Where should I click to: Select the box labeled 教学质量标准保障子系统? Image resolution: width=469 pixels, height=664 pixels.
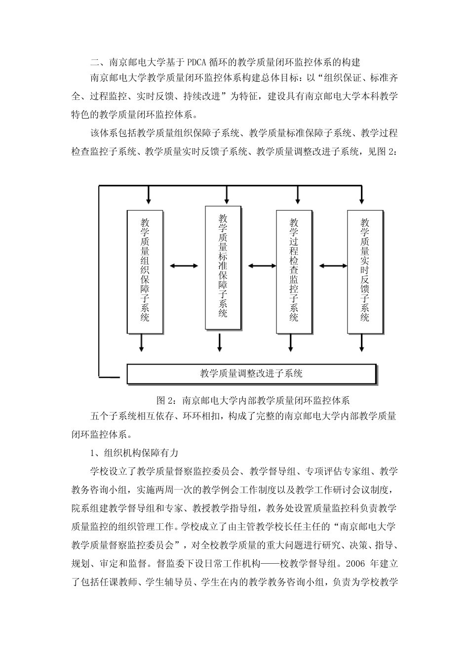pyautogui.click(x=223, y=267)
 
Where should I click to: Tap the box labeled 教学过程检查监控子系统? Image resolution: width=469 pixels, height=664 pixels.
pyautogui.click(x=294, y=271)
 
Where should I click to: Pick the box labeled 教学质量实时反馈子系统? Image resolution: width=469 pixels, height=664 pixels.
pyautogui.click(x=365, y=271)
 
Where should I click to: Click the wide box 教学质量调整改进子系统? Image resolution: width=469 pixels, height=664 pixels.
pyautogui.click(x=251, y=373)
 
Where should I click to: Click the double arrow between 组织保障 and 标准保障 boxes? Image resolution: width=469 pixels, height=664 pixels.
pyautogui.click(x=184, y=266)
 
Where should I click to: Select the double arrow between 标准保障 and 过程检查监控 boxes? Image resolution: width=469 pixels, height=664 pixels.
pyautogui.click(x=262, y=266)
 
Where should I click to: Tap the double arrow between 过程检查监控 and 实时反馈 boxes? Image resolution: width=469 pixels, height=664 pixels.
pyautogui.click(x=333, y=266)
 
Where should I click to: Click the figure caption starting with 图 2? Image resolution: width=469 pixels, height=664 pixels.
pyautogui.click(x=252, y=400)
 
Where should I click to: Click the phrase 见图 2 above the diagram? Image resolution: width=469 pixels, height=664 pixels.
pyautogui.click(x=381, y=152)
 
